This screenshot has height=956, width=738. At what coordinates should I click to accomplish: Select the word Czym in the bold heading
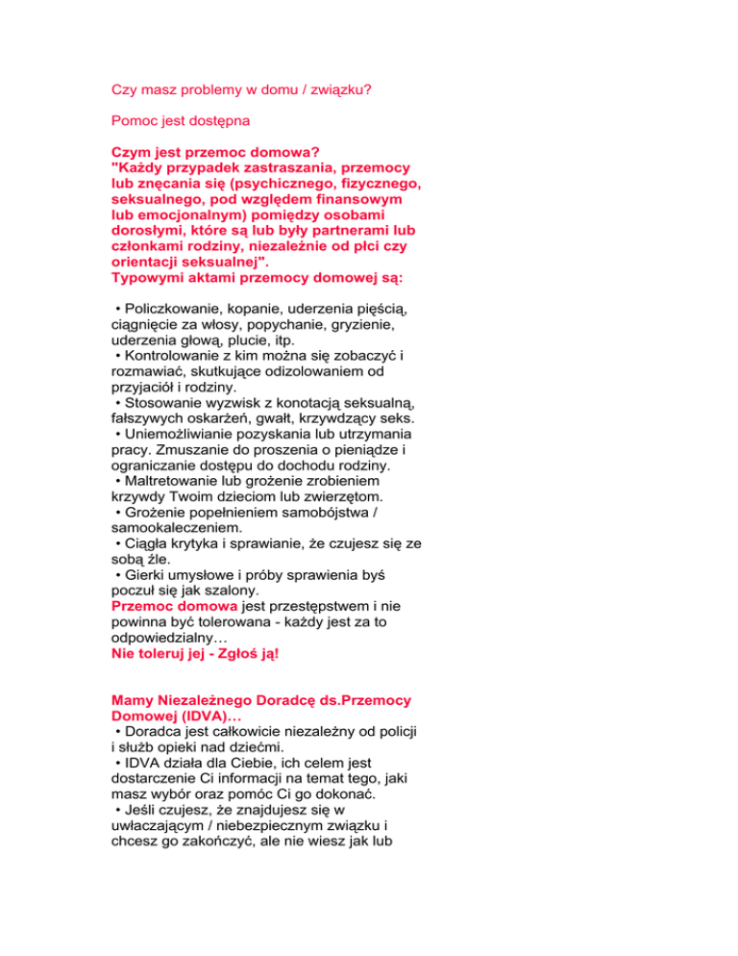[133, 152]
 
